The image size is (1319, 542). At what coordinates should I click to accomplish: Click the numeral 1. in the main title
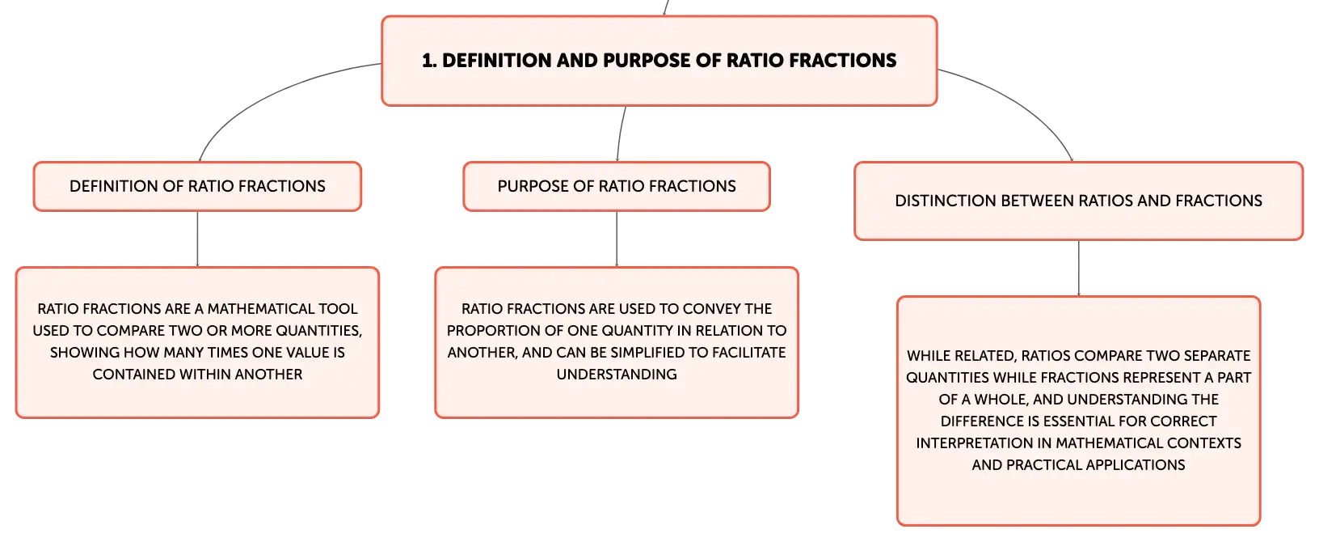tap(429, 60)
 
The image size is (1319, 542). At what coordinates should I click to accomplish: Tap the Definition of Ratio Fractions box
tap(197, 186)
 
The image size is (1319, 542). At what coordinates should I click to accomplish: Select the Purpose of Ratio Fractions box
tap(617, 186)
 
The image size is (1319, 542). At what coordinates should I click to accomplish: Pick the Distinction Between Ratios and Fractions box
tap(1078, 201)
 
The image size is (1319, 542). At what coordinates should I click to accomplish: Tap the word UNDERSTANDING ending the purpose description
tap(617, 374)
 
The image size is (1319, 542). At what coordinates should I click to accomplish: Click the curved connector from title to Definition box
tap(276, 95)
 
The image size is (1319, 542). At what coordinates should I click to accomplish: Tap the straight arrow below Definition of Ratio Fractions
tap(197, 239)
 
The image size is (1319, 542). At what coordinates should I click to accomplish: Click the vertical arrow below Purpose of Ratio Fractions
tap(617, 239)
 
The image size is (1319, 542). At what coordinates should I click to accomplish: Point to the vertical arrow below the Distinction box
tap(1079, 268)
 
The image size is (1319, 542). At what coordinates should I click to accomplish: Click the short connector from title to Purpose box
tap(620, 133)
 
